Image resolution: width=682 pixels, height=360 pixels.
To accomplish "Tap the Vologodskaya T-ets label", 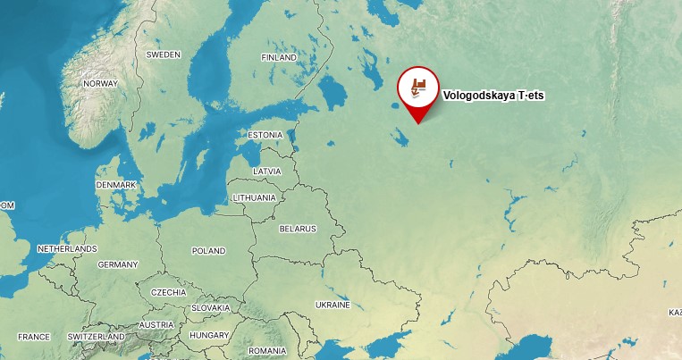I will coord(493,95).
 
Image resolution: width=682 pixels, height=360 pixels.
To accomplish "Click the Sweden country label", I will coord(163,54).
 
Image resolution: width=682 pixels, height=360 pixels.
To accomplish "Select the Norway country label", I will coord(99,83).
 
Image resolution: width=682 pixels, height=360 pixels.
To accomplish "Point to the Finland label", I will coord(278,57).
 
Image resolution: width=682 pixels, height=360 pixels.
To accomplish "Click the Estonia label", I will coord(265,135).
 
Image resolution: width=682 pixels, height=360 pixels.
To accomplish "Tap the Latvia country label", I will coord(266,171).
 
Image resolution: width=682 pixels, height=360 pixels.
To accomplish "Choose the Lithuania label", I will coord(254,197).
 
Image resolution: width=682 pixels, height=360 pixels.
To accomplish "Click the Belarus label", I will coord(298,229).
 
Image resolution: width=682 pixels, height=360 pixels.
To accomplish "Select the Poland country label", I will coord(208,251).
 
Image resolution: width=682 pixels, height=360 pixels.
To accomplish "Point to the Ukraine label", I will coord(333,305).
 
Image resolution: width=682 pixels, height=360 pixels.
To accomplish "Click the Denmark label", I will coord(116,185).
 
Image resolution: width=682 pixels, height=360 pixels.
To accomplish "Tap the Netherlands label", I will coord(67,248).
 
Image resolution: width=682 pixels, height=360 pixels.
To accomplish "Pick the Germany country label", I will coord(118,264).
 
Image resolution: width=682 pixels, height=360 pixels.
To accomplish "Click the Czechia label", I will coord(168,292).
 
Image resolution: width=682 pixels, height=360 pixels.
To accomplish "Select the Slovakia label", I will coord(210,307).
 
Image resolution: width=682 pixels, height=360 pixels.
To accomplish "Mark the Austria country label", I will coord(156,324).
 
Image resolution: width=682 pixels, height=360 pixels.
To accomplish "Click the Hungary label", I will coord(209,335).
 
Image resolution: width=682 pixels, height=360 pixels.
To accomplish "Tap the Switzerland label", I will coord(97,337).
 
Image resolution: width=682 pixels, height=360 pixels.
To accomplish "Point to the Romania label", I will coord(267,351).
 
